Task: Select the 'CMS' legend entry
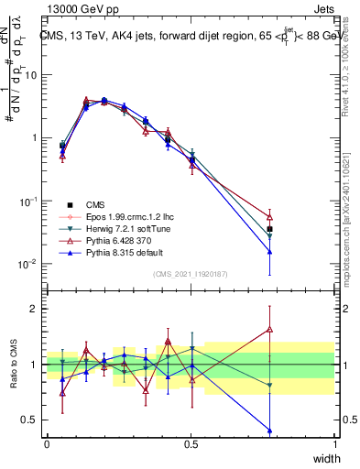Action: coord(97,204)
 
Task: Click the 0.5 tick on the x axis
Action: coord(191,443)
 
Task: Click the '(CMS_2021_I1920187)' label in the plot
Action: coord(191,274)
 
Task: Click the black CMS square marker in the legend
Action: coord(70,204)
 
